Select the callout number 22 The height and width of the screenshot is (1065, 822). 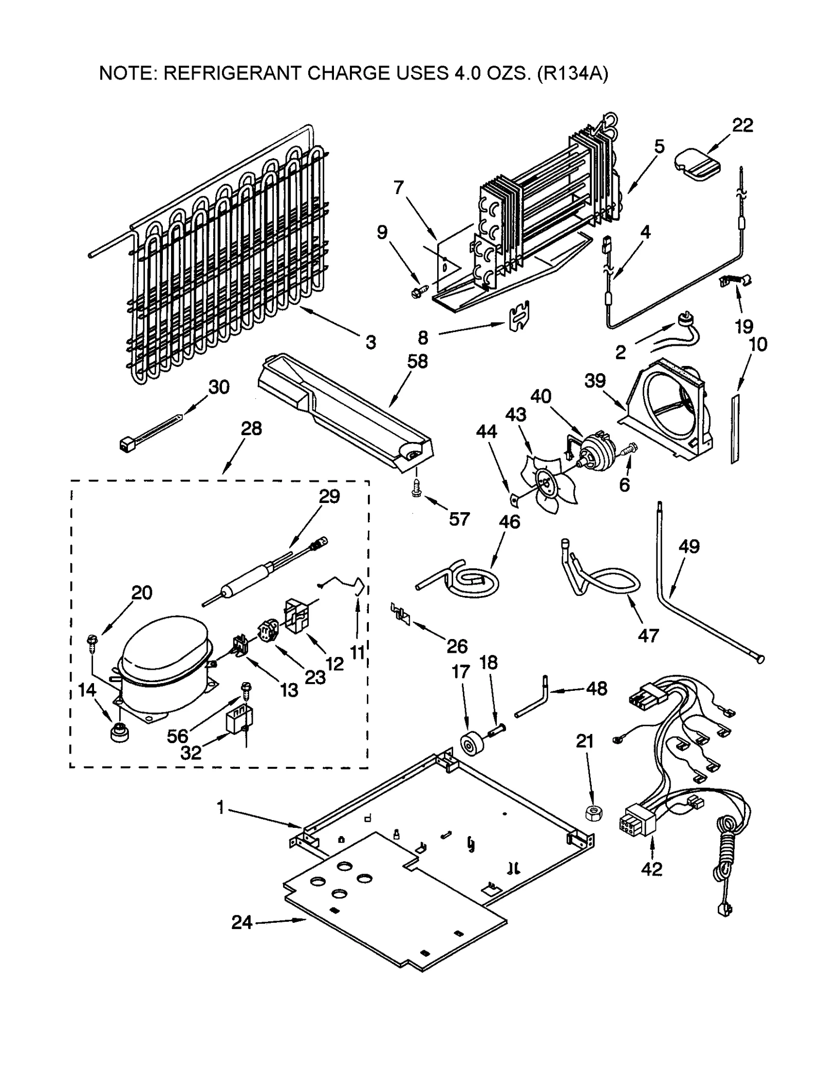tap(742, 125)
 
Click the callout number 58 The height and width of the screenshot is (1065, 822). tap(417, 361)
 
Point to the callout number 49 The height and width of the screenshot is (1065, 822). tap(689, 546)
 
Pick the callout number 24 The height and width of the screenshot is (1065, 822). tap(242, 922)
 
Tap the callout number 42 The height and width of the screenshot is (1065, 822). tap(652, 869)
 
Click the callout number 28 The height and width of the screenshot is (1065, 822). tap(251, 428)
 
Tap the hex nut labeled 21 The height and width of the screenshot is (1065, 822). tap(594, 812)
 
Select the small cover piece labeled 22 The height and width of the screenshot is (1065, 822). tap(697, 163)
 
